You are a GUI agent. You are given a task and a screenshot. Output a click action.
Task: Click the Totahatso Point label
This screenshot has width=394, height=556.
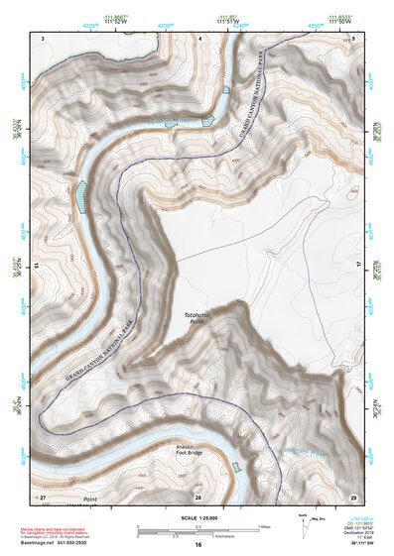198,318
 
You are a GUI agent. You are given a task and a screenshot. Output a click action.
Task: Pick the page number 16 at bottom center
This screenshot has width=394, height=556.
197,544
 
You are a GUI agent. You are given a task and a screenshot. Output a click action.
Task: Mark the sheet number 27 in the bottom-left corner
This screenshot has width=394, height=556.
42,496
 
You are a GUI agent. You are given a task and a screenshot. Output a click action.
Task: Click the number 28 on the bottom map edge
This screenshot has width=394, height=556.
197,496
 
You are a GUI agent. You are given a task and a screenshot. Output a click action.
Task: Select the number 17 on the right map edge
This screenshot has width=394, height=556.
357,266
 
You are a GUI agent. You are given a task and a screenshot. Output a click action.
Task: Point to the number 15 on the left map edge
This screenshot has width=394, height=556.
37,266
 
